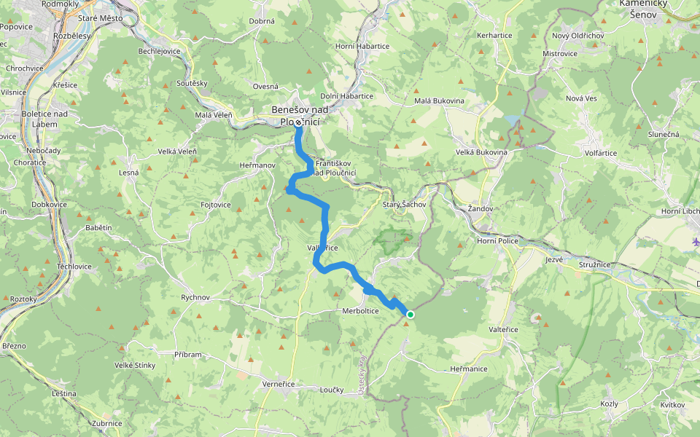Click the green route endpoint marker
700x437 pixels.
pyautogui.click(x=411, y=315)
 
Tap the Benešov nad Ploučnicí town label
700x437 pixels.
pyautogui.click(x=299, y=116)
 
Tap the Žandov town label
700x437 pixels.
pyautogui.click(x=481, y=209)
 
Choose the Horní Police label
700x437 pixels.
pyautogui.click(x=497, y=240)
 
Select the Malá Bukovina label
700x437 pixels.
pyautogui.click(x=439, y=101)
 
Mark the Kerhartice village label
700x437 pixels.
pyautogui.click(x=494, y=35)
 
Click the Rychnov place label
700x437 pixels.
pyautogui.click(x=195, y=298)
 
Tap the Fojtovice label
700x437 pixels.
pyautogui.click(x=216, y=205)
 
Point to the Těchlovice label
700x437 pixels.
pyautogui.click(x=74, y=267)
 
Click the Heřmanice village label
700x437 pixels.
pyautogui.click(x=469, y=369)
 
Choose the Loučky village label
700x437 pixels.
pyautogui.click(x=331, y=390)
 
